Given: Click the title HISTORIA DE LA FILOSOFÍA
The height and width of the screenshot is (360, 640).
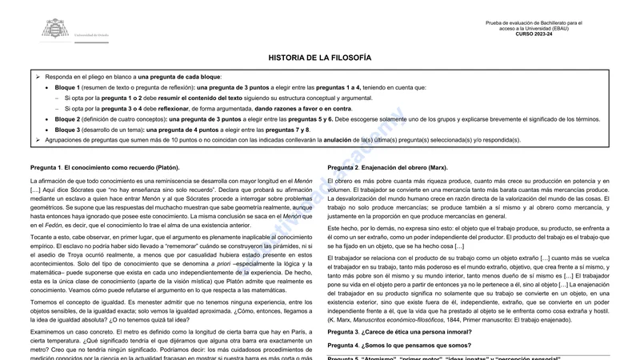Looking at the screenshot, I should (x=319, y=58).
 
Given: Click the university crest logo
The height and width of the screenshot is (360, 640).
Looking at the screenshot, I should (x=55, y=29).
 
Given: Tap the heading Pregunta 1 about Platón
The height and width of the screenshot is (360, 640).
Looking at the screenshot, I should (x=104, y=167).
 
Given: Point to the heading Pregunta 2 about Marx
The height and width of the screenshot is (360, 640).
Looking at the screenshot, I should (x=387, y=167).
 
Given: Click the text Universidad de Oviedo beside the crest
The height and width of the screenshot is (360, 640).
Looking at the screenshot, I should (x=93, y=37).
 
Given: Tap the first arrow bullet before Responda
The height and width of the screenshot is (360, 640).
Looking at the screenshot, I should (x=38, y=77).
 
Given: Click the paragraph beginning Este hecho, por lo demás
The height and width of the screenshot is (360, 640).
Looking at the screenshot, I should (x=469, y=238).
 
